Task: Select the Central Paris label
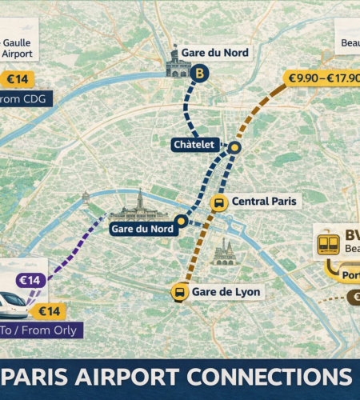click(263, 202)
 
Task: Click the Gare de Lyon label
click(226, 292)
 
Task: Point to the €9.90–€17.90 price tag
click(324, 78)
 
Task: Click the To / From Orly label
click(40, 330)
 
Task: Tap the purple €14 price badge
click(30, 280)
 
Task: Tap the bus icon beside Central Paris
click(218, 203)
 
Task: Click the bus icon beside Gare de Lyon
click(178, 293)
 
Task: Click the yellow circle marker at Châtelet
click(234, 148)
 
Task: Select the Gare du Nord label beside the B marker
click(215, 53)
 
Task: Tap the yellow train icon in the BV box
click(329, 243)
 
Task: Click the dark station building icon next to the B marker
click(178, 65)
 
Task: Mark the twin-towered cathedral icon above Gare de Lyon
click(224, 254)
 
